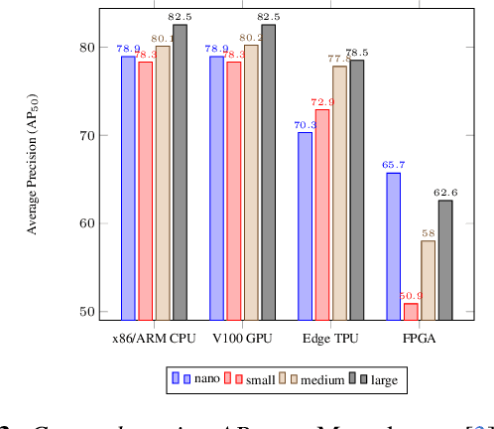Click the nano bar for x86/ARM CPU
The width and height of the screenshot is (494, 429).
click(x=128, y=188)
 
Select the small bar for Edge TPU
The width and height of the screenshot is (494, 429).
click(x=322, y=214)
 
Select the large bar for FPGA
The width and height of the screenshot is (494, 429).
click(x=445, y=259)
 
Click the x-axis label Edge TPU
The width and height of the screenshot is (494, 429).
click(x=330, y=338)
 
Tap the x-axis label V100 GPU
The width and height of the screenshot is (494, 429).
click(x=242, y=338)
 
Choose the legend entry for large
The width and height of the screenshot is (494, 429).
click(x=377, y=378)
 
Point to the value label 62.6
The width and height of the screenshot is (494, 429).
click(x=445, y=192)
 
